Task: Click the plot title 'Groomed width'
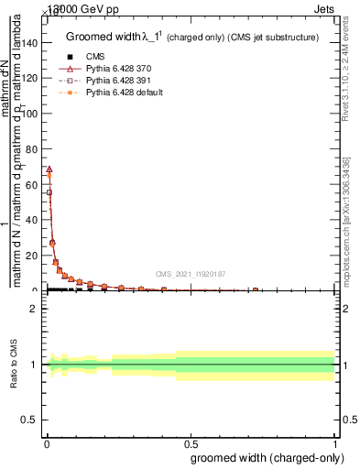[101, 37]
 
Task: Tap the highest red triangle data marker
[49, 169]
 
